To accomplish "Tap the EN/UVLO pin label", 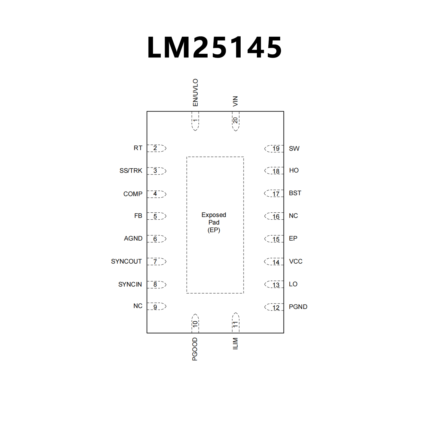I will click(x=195, y=92).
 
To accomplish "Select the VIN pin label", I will click(x=235, y=101).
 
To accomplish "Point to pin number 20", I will click(x=236, y=120).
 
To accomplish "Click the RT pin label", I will click(x=138, y=148).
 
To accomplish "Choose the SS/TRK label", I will click(x=131, y=171).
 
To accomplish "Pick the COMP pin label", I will click(x=133, y=194).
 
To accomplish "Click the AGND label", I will click(x=133, y=238).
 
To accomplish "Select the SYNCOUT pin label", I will click(x=126, y=261).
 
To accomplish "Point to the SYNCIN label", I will click(x=130, y=284).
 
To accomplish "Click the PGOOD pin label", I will click(x=195, y=349).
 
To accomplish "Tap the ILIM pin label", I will click(x=235, y=343).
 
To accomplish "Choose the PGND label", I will click(x=298, y=307).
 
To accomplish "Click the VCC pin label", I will click(x=296, y=261).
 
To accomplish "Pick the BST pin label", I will click(x=295, y=193).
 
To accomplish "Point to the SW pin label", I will click(x=294, y=148).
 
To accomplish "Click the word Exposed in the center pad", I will click(x=214, y=215).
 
